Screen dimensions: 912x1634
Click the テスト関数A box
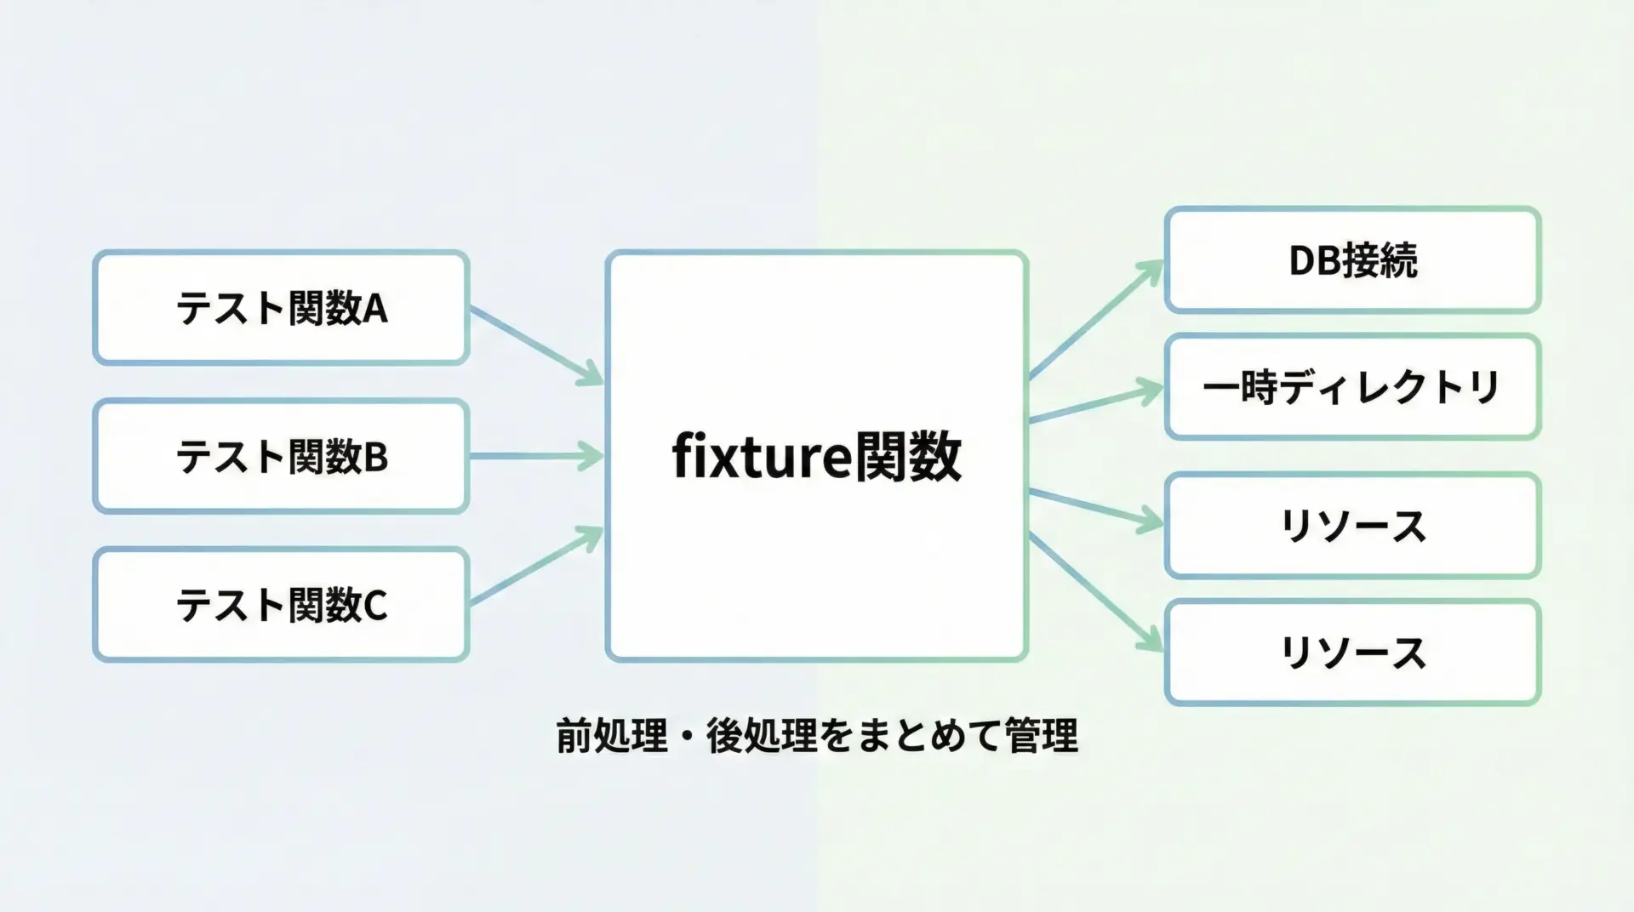281,307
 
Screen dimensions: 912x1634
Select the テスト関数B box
281,456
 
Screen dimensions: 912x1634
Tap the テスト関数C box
281,605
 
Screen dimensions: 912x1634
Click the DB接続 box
1352,259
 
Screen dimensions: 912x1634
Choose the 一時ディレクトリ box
1352,387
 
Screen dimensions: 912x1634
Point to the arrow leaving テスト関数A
536,345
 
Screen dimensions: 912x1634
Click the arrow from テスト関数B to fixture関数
536,456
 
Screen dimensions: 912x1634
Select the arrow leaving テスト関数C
536,567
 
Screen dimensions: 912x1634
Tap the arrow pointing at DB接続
1096,319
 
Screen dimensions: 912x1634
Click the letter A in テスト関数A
375,309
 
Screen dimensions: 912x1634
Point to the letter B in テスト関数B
376,458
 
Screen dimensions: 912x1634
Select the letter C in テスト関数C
375,607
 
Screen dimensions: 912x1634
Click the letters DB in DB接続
1314,260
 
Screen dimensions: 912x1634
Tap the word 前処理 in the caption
612,736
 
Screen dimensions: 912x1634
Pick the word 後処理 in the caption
762,736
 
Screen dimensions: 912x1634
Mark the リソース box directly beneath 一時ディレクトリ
1352,526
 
